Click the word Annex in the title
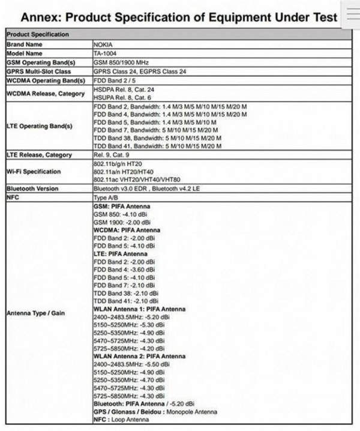pyautogui.click(x=40, y=17)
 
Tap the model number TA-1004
pyautogui.click(x=106, y=53)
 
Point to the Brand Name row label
pyautogui.click(x=25, y=44)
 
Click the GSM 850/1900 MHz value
pyautogui.click(x=122, y=62)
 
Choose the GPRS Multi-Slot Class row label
pyautogui.click(x=38, y=71)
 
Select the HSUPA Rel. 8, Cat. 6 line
pyautogui.click(x=122, y=97)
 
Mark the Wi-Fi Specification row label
pyautogui.click(x=34, y=172)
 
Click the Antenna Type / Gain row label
pyautogui.click(x=35, y=313)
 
